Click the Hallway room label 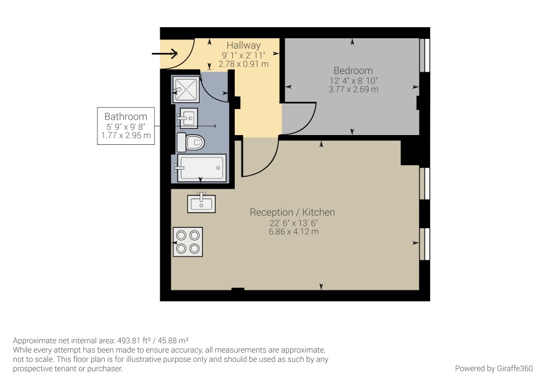pos(243,45)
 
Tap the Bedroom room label pos(353,70)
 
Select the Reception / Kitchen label pos(292,212)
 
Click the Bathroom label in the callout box pos(126,117)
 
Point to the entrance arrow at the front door pos(165,54)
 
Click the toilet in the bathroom pos(190,142)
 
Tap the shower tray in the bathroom pos(185,89)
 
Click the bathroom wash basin pos(188,118)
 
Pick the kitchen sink pos(202,203)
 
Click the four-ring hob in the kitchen pos(188,242)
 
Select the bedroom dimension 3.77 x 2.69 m pos(353,89)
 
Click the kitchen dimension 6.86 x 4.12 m pos(293,232)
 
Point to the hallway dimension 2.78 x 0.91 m pos(243,64)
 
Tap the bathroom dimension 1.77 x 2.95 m pos(126,135)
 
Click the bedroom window pos(425,55)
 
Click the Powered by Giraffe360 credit pos(494,368)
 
